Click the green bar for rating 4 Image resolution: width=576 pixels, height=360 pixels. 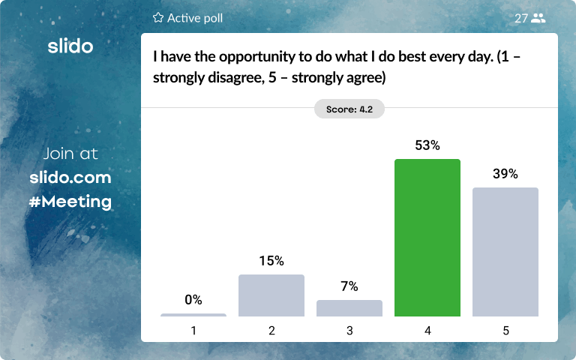[x=427, y=238]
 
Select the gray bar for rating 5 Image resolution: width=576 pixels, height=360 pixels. [x=505, y=252]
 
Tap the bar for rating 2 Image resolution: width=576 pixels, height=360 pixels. [x=271, y=295]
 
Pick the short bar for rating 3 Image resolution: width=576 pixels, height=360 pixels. [x=349, y=308]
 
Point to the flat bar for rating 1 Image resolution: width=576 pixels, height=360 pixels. [x=193, y=315]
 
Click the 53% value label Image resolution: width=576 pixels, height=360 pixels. [x=427, y=145]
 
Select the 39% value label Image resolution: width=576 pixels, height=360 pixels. [x=505, y=174]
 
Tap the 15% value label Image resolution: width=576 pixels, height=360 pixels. [x=271, y=261]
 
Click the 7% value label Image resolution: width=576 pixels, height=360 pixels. [x=349, y=286]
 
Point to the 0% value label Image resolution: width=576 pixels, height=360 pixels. [x=193, y=300]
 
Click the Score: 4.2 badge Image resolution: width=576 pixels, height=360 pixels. [x=349, y=109]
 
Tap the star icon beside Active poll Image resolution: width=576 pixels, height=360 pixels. [x=157, y=17]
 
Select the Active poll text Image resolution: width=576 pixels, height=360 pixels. [x=195, y=18]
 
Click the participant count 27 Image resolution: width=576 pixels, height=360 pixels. [x=521, y=18]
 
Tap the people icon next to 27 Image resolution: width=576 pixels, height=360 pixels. [x=538, y=18]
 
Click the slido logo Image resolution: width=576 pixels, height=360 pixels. [x=70, y=46]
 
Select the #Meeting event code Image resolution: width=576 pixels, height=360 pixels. [x=70, y=202]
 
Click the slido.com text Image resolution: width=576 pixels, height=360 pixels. [x=70, y=178]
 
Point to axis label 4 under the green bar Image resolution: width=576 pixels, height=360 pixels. [x=427, y=330]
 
